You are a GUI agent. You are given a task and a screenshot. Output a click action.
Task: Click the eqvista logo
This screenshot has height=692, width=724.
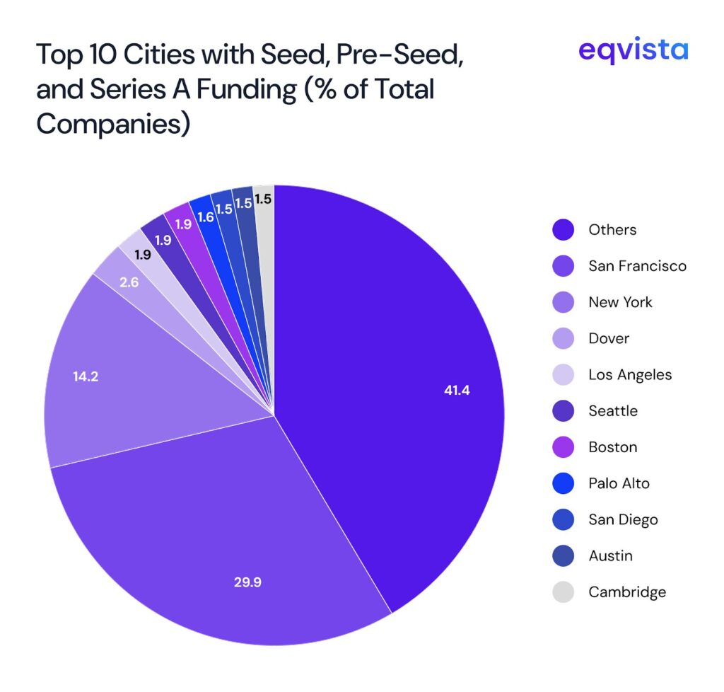pos(633,50)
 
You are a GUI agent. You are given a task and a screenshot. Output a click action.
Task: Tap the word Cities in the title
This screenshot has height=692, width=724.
pos(177,53)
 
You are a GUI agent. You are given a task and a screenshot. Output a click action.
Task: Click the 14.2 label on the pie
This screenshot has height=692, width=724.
pos(85,376)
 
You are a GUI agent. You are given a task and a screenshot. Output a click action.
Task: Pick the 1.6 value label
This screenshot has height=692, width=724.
pos(206,217)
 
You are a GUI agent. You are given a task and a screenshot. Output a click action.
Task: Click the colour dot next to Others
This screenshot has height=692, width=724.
pos(563,230)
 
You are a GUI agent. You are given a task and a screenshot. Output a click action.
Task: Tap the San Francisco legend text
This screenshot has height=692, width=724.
pos(637,266)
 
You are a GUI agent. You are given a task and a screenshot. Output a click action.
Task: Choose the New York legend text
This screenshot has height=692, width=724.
pos(620,302)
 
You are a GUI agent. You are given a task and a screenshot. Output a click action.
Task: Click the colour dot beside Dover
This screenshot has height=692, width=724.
pos(563,339)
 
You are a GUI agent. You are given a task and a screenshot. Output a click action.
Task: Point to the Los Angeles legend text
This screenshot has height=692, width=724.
pos(630,375)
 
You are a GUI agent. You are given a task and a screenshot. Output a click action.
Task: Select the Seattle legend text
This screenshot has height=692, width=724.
pos(612,411)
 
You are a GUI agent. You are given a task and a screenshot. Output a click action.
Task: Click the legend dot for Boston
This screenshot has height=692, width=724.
pos(563,448)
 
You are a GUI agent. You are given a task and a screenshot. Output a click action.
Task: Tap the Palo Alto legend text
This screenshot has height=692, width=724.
pos(619,483)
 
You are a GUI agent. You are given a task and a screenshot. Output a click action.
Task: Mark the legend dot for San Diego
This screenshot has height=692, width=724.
pos(563,520)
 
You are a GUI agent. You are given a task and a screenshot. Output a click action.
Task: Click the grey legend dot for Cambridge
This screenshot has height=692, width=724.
pos(563,592)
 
